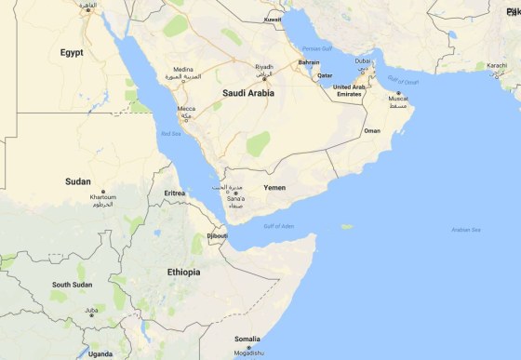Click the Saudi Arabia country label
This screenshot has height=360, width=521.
click(x=247, y=93)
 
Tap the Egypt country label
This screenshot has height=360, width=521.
click(x=72, y=53)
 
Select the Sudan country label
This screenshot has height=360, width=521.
click(x=78, y=181)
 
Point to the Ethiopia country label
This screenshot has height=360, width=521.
click(x=182, y=272)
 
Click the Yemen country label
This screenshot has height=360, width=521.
click(x=274, y=188)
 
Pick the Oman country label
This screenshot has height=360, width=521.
click(x=372, y=131)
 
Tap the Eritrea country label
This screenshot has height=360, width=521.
click(x=175, y=193)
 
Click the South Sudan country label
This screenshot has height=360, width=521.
click(x=73, y=285)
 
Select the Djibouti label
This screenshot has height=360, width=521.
click(x=217, y=236)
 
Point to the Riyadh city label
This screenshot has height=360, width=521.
click(x=264, y=67)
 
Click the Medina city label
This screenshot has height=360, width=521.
click(x=182, y=69)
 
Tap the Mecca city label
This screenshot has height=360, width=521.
click(x=186, y=109)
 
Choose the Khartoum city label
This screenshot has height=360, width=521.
click(x=103, y=197)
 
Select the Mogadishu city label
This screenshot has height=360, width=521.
click(x=247, y=353)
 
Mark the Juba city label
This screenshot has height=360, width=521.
click(x=91, y=310)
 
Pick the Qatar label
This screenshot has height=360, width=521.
click(x=325, y=74)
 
